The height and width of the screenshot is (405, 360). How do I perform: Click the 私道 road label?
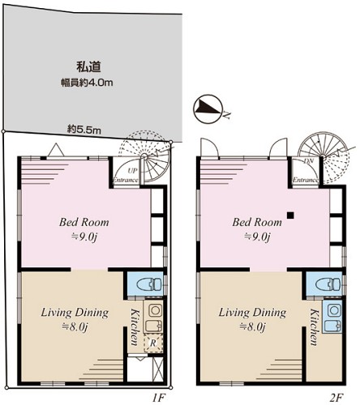pyautogui.click(x=88, y=66)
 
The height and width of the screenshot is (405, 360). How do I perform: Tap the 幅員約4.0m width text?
pyautogui.click(x=87, y=83)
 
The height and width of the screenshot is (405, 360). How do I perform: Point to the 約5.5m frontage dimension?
pyautogui.click(x=84, y=130)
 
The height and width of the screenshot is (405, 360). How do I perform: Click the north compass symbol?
pyautogui.click(x=208, y=109)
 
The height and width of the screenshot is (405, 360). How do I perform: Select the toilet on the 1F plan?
pyautogui.click(x=149, y=285)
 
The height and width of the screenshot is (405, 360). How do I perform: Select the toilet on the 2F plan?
pyautogui.click(x=328, y=285)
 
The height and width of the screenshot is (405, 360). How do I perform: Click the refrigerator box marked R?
pyautogui.click(x=153, y=343)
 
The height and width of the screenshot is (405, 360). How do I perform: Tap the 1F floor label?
pyautogui.click(x=158, y=398)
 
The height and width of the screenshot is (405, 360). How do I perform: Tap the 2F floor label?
pyautogui.click(x=336, y=398)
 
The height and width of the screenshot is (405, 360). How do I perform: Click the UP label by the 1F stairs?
pyautogui.click(x=133, y=171)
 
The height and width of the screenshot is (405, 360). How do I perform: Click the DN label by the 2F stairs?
pyautogui.click(x=308, y=161)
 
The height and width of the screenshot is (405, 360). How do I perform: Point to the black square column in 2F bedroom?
pyautogui.click(x=290, y=215)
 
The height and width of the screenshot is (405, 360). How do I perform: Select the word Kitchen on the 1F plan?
pyautogui.click(x=135, y=327)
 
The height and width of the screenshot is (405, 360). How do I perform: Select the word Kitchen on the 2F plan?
pyautogui.click(x=314, y=327)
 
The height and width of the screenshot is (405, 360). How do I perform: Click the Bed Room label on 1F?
pyautogui.click(x=84, y=222)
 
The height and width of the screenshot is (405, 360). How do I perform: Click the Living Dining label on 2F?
pyautogui.click(x=252, y=313)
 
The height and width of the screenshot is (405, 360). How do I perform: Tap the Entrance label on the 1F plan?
pyautogui.click(x=126, y=180)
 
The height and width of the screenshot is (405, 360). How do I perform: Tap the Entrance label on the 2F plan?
pyautogui.click(x=306, y=180)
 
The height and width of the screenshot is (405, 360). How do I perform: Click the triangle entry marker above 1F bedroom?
pyautogui.click(x=56, y=151)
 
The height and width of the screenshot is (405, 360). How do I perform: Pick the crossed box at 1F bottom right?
pyautogui.click(x=158, y=369)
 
